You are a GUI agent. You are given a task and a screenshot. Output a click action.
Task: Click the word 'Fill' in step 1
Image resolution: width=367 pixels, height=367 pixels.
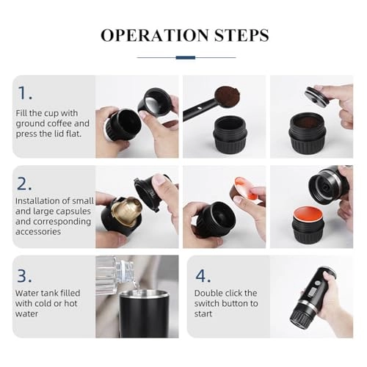pos(23,114)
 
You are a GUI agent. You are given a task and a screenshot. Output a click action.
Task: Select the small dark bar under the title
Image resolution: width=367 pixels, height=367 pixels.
pos(184,57)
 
